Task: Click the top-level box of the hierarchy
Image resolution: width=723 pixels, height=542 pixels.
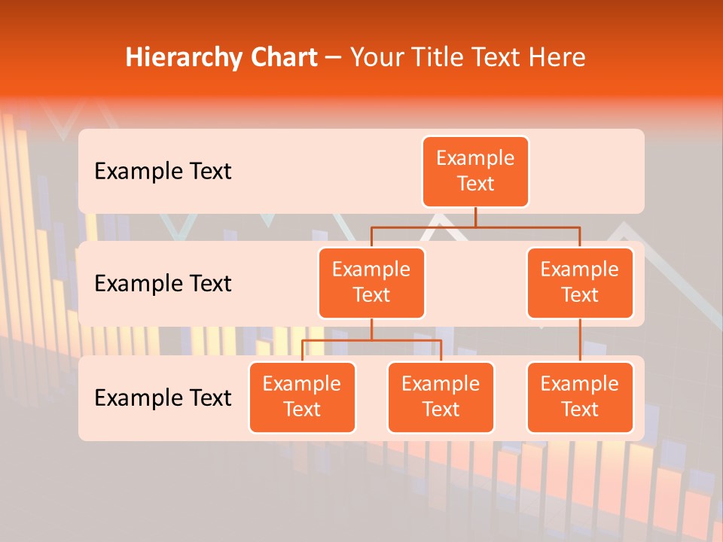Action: coord(475,172)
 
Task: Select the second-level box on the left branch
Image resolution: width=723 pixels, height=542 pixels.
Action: coord(371,283)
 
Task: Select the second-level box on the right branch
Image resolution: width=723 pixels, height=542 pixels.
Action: coord(580,283)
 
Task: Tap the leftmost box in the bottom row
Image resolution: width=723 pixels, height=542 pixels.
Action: coord(302,397)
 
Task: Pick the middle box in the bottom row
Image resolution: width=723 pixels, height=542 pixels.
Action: coord(441,397)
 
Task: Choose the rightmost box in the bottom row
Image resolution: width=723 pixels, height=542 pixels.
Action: coord(580,397)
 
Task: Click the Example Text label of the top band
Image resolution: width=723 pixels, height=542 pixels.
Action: coord(163,172)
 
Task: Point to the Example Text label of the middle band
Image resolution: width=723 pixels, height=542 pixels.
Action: coord(163,284)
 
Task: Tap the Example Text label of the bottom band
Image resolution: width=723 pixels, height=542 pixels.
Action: coord(163,398)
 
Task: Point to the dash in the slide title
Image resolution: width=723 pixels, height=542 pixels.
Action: coord(333,59)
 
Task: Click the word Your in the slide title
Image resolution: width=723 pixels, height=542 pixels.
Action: coord(377,58)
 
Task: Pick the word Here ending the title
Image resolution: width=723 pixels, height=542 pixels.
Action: coord(559,57)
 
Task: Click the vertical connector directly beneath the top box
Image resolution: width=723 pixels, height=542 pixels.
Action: coord(475,217)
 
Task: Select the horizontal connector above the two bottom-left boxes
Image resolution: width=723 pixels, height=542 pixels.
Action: coord(371,340)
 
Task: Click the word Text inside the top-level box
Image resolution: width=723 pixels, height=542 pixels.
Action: coord(475,184)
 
